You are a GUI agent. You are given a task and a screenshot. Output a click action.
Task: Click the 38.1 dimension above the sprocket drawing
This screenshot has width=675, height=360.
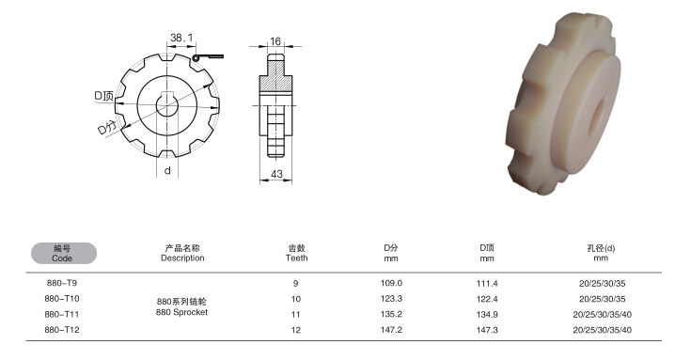(x=181, y=38)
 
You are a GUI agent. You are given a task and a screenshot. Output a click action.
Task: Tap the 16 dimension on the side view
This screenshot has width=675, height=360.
(x=275, y=41)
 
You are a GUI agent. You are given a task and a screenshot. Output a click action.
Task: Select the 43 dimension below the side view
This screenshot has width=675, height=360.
(x=276, y=174)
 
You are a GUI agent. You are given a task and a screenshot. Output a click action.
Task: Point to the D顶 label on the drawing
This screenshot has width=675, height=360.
(x=103, y=96)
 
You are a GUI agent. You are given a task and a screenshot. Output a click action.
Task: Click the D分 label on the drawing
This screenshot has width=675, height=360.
(x=107, y=128)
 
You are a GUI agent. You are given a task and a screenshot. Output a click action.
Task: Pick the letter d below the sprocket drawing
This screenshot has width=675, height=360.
(x=167, y=170)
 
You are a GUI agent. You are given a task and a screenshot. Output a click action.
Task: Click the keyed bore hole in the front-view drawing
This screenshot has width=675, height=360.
(x=167, y=104)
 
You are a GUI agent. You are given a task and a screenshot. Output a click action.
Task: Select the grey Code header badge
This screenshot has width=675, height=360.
(x=64, y=253)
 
